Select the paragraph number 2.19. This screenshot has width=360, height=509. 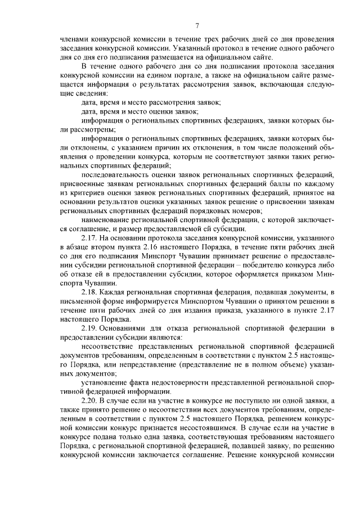click(91, 328)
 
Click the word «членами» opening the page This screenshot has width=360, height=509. click(75, 39)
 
